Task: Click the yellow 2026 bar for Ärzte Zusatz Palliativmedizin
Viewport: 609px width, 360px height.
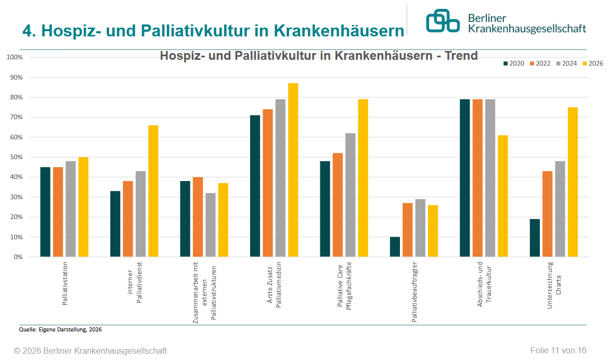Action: (x=293, y=170)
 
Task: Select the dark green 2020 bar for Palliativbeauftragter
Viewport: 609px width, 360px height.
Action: (x=395, y=247)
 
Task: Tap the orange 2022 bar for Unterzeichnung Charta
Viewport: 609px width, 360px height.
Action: (x=547, y=214)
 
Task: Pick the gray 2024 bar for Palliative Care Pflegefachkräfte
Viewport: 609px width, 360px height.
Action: (x=350, y=195)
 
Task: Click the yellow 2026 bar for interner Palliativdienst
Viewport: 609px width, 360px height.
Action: (x=153, y=191)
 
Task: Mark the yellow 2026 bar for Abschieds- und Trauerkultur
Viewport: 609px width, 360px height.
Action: (x=503, y=196)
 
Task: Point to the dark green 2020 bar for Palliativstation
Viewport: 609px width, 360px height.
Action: (x=45, y=212)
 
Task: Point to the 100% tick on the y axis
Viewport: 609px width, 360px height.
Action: (x=14, y=57)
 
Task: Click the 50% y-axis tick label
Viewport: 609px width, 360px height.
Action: (x=16, y=157)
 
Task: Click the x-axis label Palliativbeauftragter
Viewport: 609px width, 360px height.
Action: (x=414, y=292)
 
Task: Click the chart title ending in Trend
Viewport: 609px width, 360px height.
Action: (x=318, y=56)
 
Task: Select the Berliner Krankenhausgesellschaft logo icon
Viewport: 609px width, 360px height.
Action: (x=443, y=21)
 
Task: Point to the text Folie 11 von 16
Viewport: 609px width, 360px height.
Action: (x=558, y=350)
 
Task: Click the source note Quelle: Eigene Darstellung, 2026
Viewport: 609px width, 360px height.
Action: (x=60, y=329)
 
